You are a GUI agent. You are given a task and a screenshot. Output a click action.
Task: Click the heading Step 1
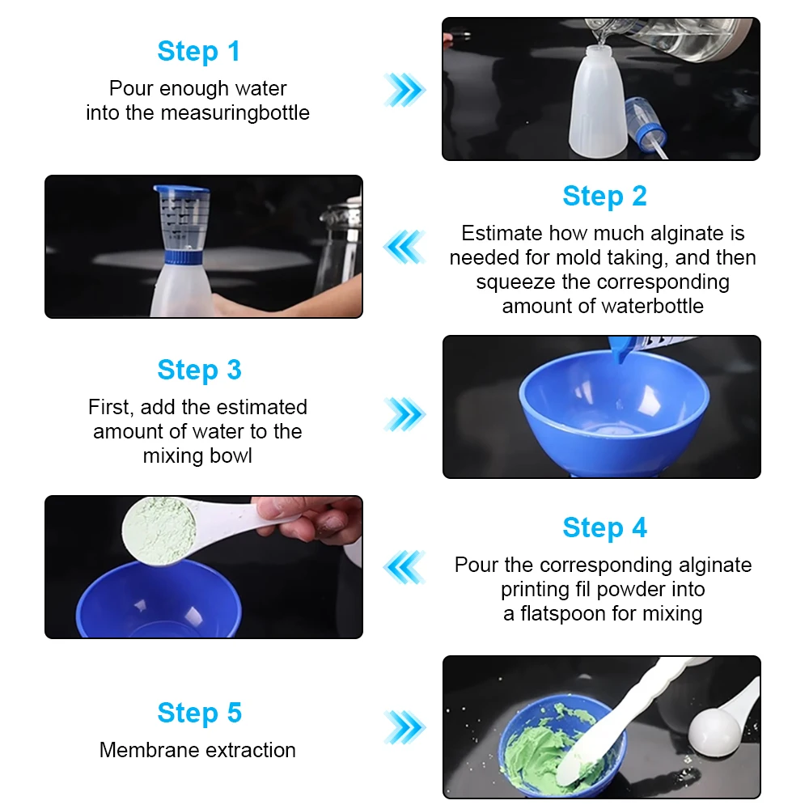tap(199, 52)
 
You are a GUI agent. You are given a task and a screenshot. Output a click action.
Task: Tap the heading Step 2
tap(604, 197)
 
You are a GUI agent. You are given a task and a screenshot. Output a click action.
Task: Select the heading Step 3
tap(199, 371)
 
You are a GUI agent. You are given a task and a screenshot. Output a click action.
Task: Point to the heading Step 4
tap(604, 527)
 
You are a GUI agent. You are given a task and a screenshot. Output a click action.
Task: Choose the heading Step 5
tap(199, 713)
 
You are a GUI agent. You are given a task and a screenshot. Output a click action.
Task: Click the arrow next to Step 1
tap(405, 90)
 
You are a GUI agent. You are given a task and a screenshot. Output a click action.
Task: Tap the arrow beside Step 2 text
tap(404, 247)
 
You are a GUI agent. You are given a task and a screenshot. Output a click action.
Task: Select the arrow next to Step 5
tap(405, 727)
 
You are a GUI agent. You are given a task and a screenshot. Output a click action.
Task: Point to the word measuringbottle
tap(235, 113)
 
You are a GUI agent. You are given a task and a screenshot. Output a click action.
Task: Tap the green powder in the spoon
tap(159, 531)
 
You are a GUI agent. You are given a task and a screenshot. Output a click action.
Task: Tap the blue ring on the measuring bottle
tap(184, 256)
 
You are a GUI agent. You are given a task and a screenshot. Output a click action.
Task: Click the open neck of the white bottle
tap(599, 50)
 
